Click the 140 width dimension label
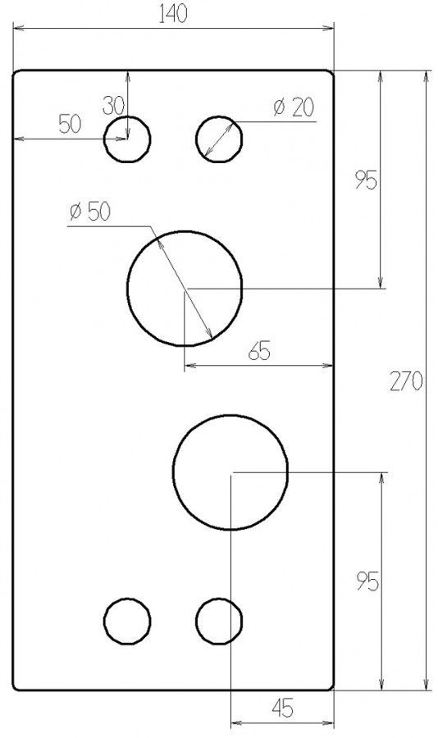click(x=173, y=14)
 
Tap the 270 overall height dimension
click(x=406, y=381)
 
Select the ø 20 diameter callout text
click(x=293, y=107)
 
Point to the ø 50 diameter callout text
click(x=89, y=212)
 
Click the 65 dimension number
click(x=259, y=351)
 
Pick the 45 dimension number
click(x=283, y=708)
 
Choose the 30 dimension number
click(x=113, y=106)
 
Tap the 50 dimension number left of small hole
click(x=71, y=124)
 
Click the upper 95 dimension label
click(x=367, y=180)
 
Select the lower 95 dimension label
click(x=367, y=581)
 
